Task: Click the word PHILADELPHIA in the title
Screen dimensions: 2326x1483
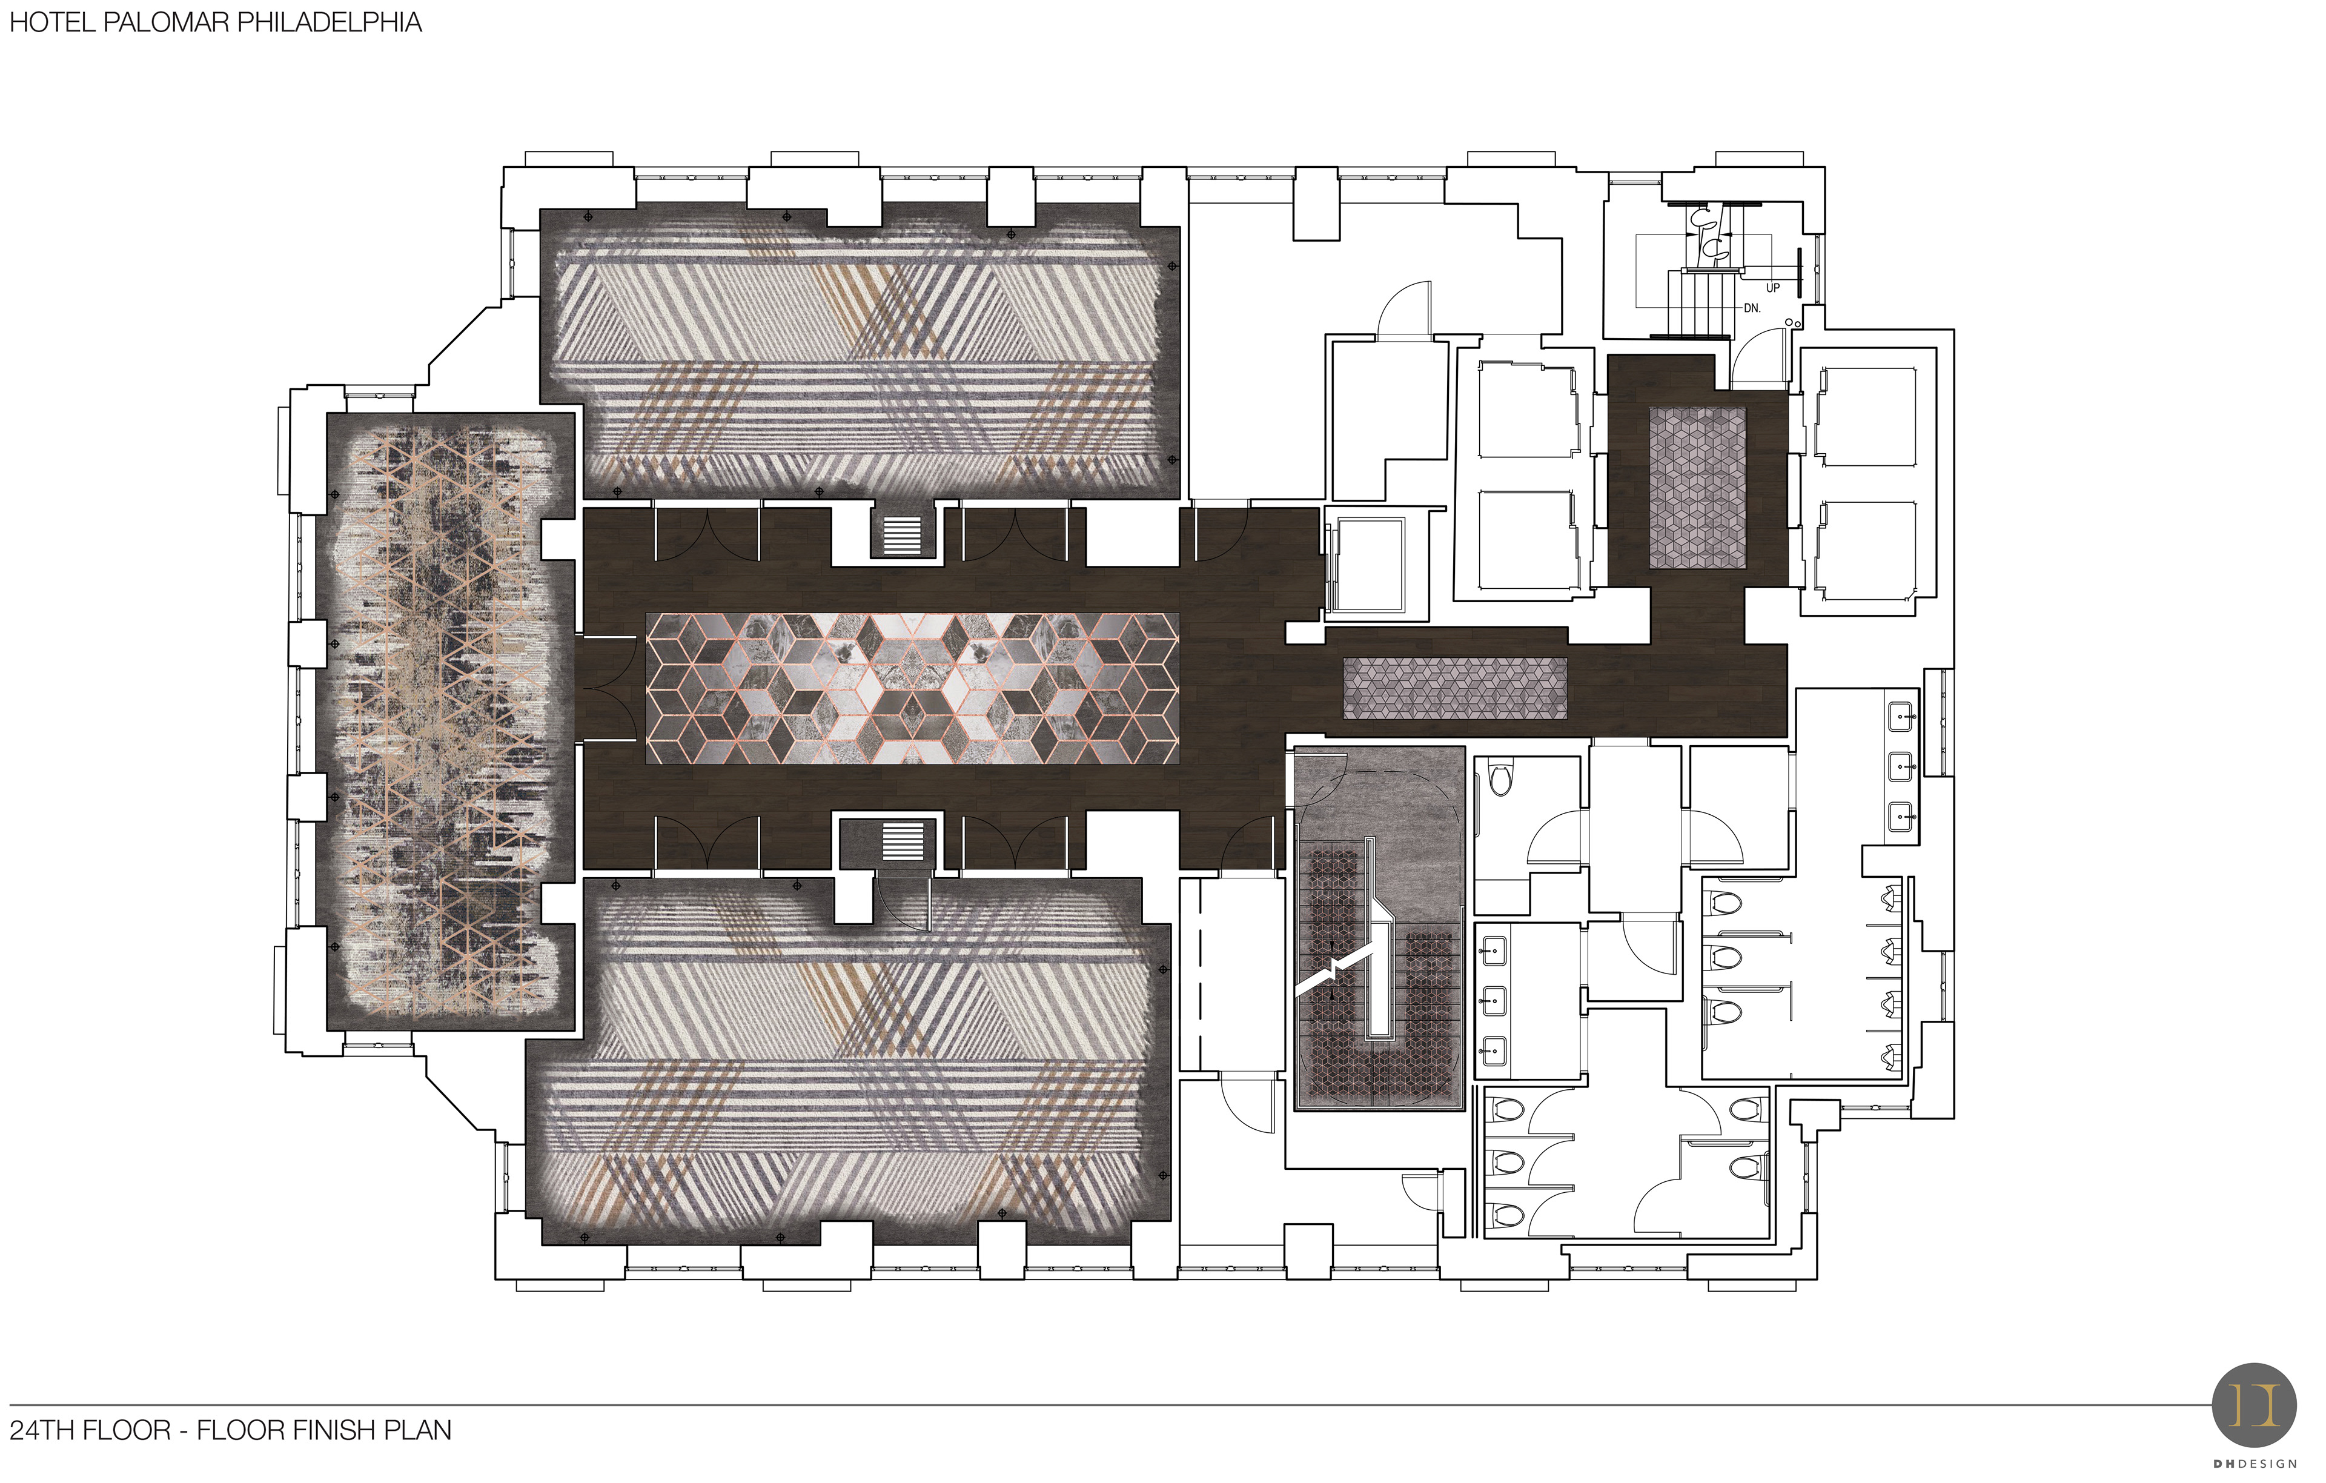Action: click(330, 22)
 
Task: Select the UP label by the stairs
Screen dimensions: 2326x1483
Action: click(1772, 288)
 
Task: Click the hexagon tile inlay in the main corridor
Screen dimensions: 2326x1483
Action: click(912, 688)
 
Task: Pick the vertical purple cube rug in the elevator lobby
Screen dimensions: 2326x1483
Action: click(1697, 488)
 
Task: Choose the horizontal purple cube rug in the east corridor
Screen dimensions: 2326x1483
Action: click(1456, 688)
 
